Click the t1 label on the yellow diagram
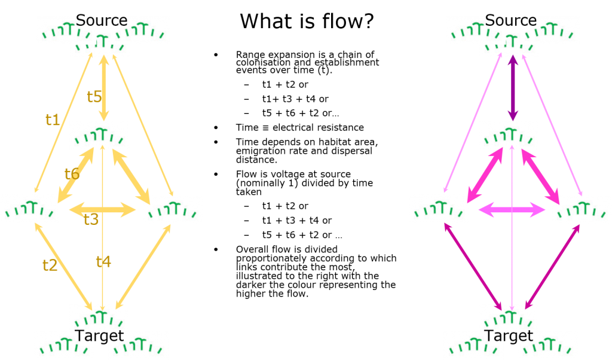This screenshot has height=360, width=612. click(53, 120)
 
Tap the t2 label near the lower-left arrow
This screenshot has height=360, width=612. click(50, 266)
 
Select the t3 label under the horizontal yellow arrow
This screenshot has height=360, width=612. click(91, 219)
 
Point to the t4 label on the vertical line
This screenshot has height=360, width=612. click(103, 261)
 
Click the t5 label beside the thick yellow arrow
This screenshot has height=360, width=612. click(94, 96)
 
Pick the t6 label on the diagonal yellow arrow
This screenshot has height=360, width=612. click(72, 174)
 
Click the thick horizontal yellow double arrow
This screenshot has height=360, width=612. click(102, 209)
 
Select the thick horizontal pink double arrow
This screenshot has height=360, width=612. click(512, 209)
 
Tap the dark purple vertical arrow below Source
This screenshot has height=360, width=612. click(512, 89)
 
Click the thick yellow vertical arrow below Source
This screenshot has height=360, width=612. click(103, 89)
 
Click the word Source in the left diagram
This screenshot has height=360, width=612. click(102, 21)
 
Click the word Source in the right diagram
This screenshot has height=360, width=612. click(510, 21)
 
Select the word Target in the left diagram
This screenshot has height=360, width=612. click(99, 335)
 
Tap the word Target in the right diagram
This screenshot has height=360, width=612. click(508, 335)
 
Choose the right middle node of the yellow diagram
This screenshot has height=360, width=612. click(173, 209)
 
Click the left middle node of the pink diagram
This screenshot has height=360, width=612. click(439, 209)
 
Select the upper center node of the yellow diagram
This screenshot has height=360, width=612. click(99, 136)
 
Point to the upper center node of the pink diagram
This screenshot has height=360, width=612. click(509, 136)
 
